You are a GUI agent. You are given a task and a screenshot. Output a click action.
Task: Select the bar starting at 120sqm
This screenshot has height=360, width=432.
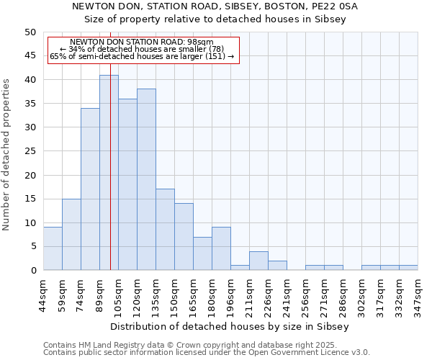click(146, 179)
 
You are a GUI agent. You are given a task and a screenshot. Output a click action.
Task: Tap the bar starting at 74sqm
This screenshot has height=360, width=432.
click(90, 189)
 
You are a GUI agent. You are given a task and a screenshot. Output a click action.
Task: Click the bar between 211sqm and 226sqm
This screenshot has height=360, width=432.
click(258, 261)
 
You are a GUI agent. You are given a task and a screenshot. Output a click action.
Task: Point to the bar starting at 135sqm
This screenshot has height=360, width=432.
click(165, 230)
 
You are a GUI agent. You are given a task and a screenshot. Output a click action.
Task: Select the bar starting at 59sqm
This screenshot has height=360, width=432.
click(71, 235)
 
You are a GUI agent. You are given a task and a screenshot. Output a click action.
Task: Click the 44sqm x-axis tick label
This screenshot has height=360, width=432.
click(44, 294)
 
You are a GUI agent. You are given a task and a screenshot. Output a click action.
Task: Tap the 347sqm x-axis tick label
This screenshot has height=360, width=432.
click(418, 294)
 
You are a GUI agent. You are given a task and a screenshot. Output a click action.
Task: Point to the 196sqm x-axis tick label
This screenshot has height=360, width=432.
click(231, 294)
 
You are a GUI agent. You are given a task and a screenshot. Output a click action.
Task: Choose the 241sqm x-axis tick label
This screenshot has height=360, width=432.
click(287, 294)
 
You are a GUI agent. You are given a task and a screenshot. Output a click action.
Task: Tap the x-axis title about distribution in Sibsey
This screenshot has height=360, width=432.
click(230, 326)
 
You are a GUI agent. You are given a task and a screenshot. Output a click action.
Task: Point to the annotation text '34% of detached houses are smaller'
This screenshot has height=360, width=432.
click(142, 49)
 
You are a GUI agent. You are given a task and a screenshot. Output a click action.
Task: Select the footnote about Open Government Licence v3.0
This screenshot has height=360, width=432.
click(207, 353)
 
